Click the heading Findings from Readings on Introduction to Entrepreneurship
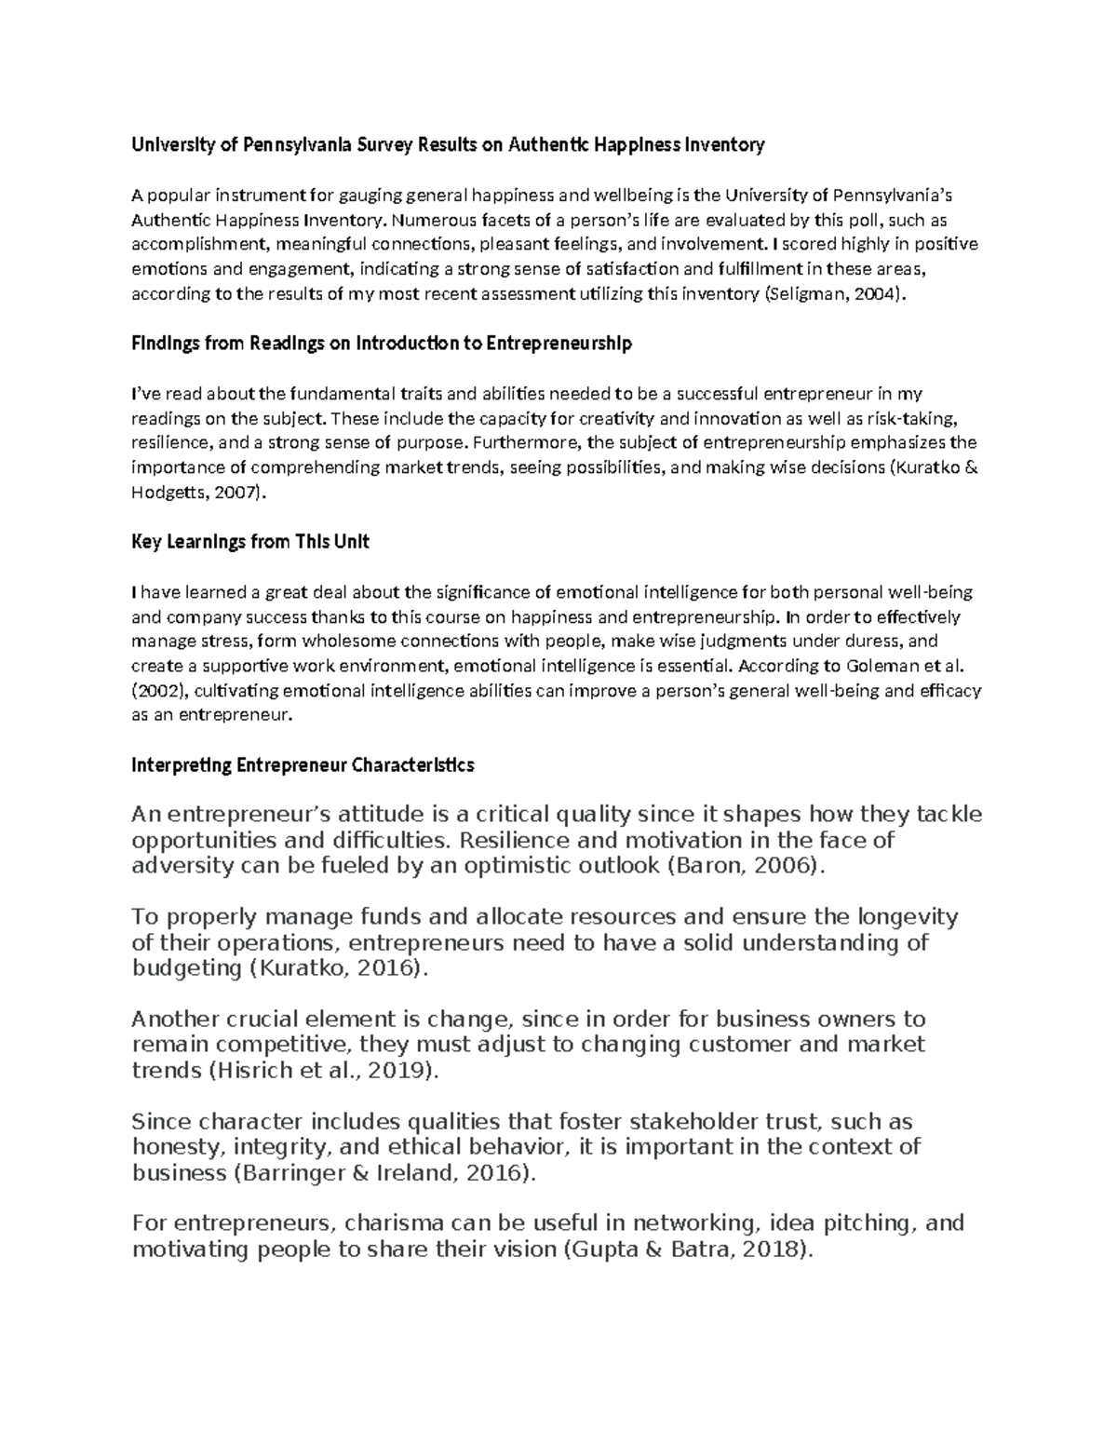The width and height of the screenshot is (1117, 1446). [382, 344]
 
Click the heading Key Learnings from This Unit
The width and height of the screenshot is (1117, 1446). [250, 542]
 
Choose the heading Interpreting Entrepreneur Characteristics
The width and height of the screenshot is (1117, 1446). [303, 765]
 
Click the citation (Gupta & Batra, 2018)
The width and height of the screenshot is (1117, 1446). [690, 1250]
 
